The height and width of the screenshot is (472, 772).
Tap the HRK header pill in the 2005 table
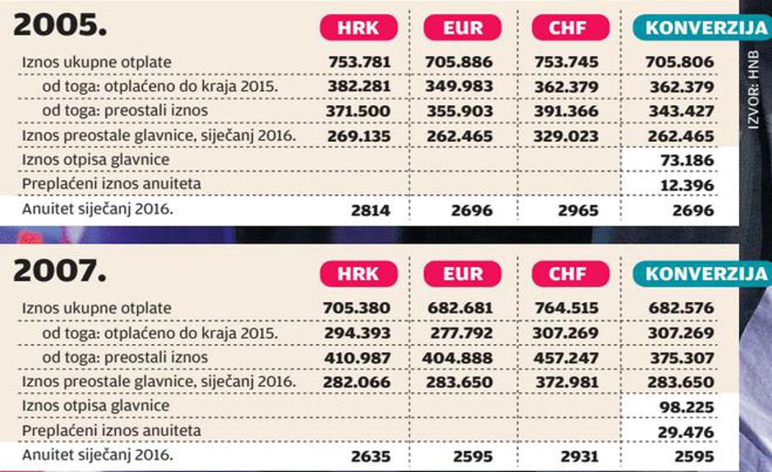pyautogui.click(x=358, y=27)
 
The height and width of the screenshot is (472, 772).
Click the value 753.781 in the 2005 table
pyautogui.click(x=358, y=62)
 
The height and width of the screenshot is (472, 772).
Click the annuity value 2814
pyautogui.click(x=370, y=210)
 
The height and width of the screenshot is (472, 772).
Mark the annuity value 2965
pyautogui.click(x=580, y=210)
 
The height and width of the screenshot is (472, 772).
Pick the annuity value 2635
pyautogui.click(x=370, y=456)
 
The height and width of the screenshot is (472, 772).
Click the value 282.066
pyautogui.click(x=358, y=383)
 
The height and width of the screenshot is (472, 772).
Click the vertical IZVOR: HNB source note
pyautogui.click(x=753, y=94)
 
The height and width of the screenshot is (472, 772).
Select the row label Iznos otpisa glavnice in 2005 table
pyautogui.click(x=96, y=159)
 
